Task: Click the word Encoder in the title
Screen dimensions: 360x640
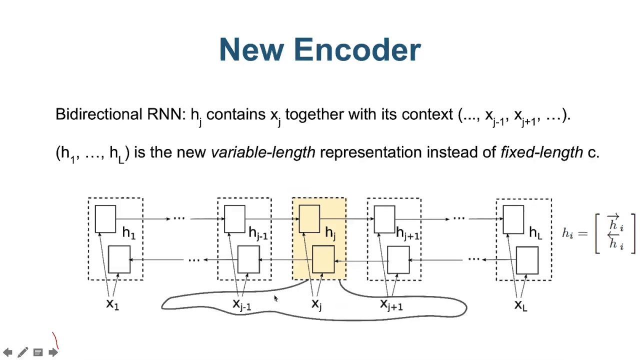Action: pos(357,50)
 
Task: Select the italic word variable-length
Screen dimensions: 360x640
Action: pos(263,152)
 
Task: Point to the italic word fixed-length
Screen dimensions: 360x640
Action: pos(541,152)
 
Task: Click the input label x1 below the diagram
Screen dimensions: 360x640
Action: pos(112,304)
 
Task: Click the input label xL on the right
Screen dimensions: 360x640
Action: pos(520,304)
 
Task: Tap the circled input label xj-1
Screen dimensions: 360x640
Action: pos(242,304)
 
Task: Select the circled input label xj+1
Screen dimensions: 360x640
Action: pos(391,304)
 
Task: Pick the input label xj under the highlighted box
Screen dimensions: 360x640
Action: pos(316,304)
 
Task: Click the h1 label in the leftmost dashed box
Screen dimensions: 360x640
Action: pos(129,232)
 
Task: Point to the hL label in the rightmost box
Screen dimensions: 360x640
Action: pos(535,232)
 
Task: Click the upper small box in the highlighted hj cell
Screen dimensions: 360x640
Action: pos(309,219)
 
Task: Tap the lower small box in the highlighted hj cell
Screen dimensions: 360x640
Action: pos(323,259)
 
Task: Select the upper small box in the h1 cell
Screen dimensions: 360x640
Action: pos(105,219)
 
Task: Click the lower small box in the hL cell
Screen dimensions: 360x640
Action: pos(527,259)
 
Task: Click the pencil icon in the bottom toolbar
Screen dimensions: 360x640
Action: pos(22,352)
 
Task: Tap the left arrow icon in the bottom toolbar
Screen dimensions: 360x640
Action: pos(8,352)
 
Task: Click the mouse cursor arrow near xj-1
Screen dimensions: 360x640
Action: pos(275,298)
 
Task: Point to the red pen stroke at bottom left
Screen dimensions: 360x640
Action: pos(56,341)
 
